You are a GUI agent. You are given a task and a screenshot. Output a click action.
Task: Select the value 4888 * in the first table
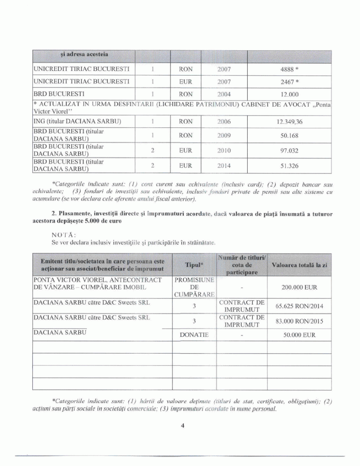tap(289, 70)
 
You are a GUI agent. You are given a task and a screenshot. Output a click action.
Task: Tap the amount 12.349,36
tap(289, 122)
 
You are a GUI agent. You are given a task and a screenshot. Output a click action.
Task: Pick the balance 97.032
tap(289, 150)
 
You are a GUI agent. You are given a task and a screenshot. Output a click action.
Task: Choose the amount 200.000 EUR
tap(299, 288)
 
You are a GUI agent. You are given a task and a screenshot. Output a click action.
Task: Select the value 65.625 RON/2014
tap(299, 306)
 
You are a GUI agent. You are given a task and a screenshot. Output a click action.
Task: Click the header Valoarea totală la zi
tap(299, 264)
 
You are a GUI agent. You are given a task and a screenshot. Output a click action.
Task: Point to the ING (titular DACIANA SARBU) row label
tap(77, 122)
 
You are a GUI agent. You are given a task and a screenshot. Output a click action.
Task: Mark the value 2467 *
tap(289, 82)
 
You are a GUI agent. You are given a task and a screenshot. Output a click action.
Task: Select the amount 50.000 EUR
tap(299, 334)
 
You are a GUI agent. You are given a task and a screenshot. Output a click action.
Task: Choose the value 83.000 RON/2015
tap(299, 321)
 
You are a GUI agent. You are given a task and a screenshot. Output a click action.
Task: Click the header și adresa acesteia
tap(84, 55)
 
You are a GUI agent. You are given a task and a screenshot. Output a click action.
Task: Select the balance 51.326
tap(289, 166)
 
